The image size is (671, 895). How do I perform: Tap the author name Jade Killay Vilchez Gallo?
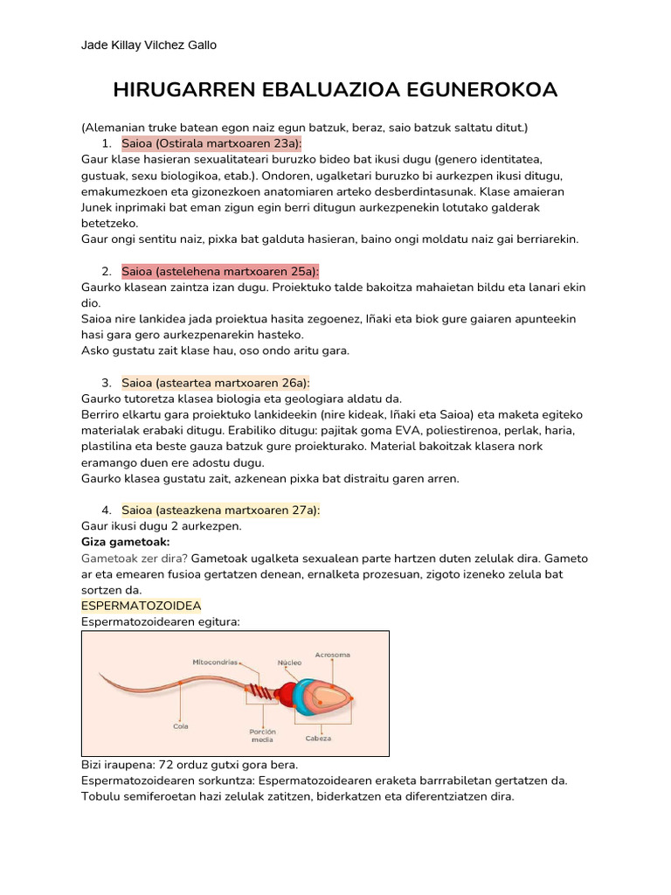(x=149, y=45)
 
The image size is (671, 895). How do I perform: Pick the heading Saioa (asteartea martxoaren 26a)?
(x=216, y=383)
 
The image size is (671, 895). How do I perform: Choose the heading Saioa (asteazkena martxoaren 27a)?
(x=221, y=510)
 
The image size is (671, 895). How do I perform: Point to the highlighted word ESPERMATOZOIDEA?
(x=141, y=605)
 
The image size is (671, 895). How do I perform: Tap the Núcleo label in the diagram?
(x=289, y=663)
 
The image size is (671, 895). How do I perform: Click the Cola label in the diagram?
(x=181, y=725)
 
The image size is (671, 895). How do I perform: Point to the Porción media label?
(x=262, y=735)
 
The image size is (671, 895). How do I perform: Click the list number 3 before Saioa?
(x=106, y=383)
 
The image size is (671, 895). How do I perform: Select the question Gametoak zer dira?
(x=135, y=558)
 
